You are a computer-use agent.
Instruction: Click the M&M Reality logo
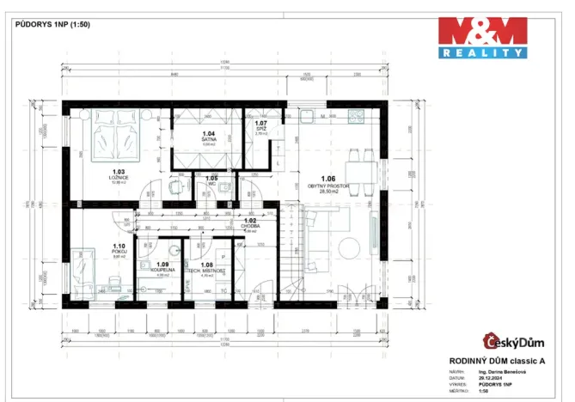tap(482, 38)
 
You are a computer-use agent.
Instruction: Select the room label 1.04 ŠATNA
tap(208, 137)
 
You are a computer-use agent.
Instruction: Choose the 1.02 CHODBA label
tap(251, 223)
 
